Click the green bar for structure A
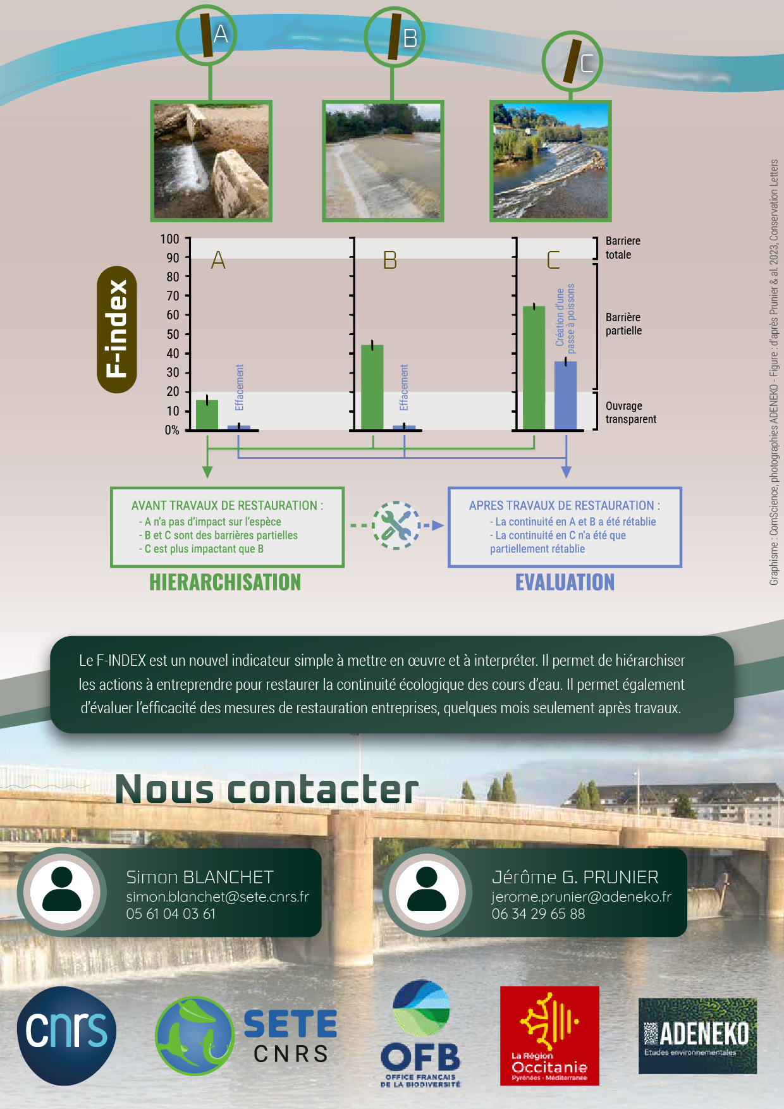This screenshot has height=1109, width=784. [207, 415]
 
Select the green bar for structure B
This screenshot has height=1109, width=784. [372, 387]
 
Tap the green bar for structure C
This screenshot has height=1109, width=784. [534, 368]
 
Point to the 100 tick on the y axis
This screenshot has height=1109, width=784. [169, 239]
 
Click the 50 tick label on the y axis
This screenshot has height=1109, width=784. [173, 334]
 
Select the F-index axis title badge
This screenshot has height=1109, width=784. [117, 329]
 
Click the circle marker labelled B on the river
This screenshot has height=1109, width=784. [395, 37]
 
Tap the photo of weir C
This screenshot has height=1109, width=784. [550, 161]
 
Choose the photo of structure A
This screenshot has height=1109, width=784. [211, 161]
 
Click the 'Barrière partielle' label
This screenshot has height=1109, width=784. [623, 324]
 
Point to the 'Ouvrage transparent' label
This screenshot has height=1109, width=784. [630, 412]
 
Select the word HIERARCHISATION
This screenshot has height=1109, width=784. [225, 582]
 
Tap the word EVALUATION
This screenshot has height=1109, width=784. [565, 582]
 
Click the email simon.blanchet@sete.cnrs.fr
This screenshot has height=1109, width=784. [217, 897]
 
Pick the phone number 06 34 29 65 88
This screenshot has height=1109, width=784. [538, 914]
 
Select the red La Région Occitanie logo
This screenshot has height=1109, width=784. [549, 1036]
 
